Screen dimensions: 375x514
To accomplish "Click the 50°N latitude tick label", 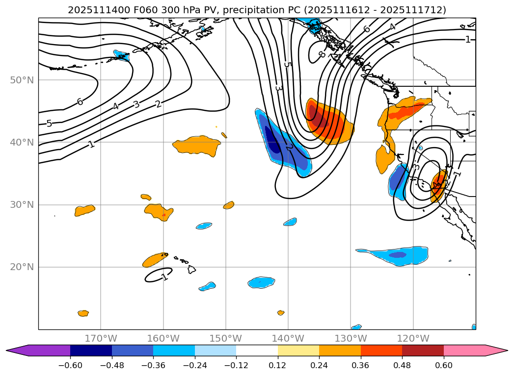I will (x=22, y=80).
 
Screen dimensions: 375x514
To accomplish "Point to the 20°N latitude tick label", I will (x=22, y=267).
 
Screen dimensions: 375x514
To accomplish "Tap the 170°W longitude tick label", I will (x=101, y=339).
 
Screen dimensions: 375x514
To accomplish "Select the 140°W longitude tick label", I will (x=288, y=339).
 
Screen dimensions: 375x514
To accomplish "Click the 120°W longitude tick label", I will (x=413, y=339).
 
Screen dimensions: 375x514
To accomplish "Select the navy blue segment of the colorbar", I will (x=91, y=350).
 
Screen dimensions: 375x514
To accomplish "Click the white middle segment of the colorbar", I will (x=257, y=350).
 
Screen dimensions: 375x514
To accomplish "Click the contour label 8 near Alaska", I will (x=322, y=54).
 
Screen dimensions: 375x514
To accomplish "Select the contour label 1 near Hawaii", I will (x=164, y=277).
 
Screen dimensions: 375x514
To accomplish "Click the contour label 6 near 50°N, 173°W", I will (x=80, y=101).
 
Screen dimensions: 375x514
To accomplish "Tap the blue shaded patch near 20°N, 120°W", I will (x=397, y=255).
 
